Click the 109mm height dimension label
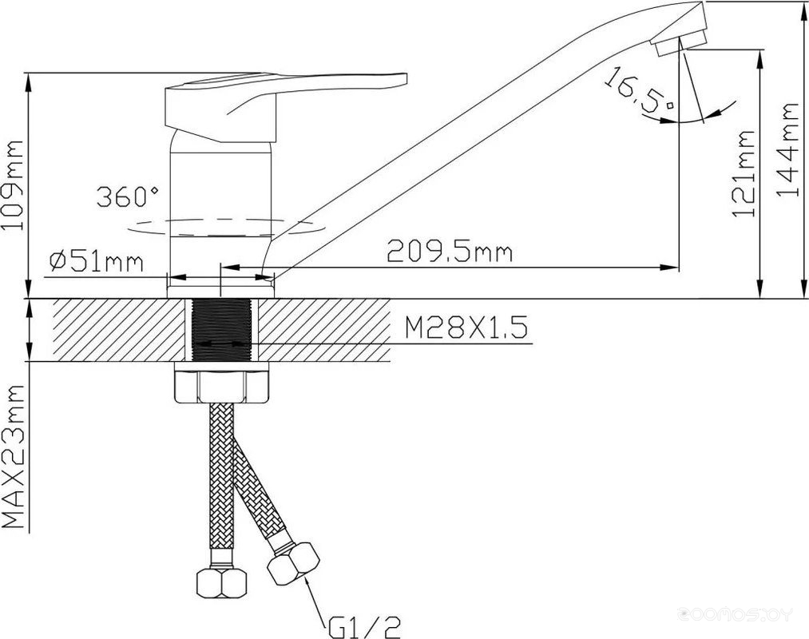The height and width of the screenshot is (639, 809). click(13, 185)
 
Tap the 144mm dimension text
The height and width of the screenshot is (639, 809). click(788, 149)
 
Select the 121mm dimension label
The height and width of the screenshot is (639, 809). click(744, 173)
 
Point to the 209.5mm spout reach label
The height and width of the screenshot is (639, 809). click(450, 252)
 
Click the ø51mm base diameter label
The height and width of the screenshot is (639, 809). click(96, 262)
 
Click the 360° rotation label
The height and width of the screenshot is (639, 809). click(128, 196)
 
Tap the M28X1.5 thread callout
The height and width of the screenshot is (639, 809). click(466, 327)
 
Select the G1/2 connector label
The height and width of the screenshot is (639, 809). click(363, 626)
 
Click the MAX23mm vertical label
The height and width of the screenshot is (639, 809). click(13, 456)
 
